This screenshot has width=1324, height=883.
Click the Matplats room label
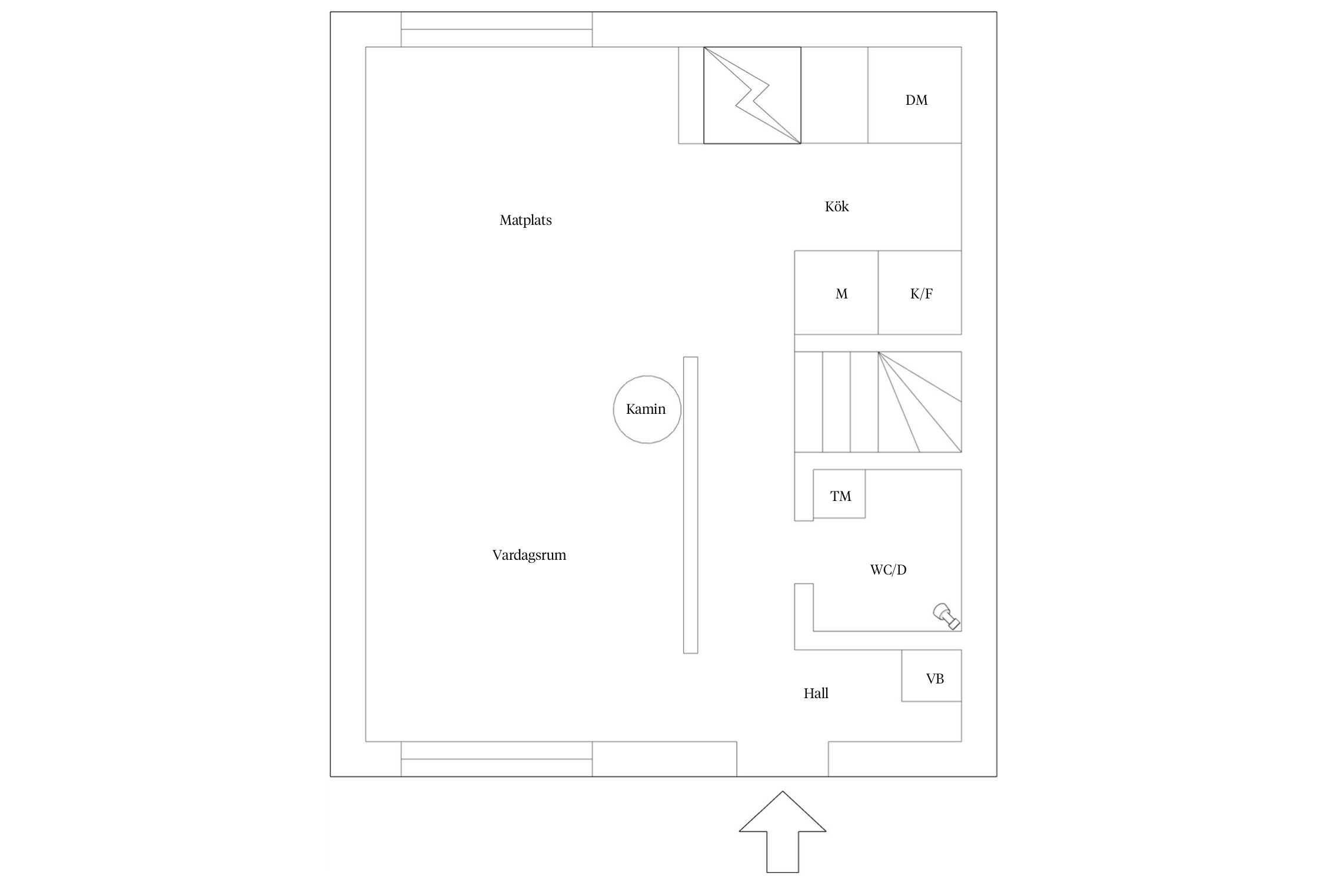(x=525, y=220)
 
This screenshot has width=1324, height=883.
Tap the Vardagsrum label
(x=529, y=555)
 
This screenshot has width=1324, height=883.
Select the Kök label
(x=836, y=207)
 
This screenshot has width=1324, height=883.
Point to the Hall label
(x=816, y=693)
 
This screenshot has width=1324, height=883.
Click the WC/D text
(x=888, y=570)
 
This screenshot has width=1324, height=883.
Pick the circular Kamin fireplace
(x=647, y=409)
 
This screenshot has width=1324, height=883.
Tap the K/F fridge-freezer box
(x=920, y=293)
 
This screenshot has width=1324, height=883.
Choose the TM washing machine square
(x=839, y=494)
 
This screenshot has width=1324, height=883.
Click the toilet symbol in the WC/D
(x=946, y=616)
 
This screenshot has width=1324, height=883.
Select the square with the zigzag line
(x=752, y=95)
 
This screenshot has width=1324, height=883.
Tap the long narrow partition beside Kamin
(x=690, y=505)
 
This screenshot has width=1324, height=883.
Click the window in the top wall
(x=497, y=29)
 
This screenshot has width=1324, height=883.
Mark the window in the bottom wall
(x=497, y=759)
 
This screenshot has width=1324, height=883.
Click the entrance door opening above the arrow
(x=783, y=759)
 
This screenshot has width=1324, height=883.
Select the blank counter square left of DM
(x=834, y=95)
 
